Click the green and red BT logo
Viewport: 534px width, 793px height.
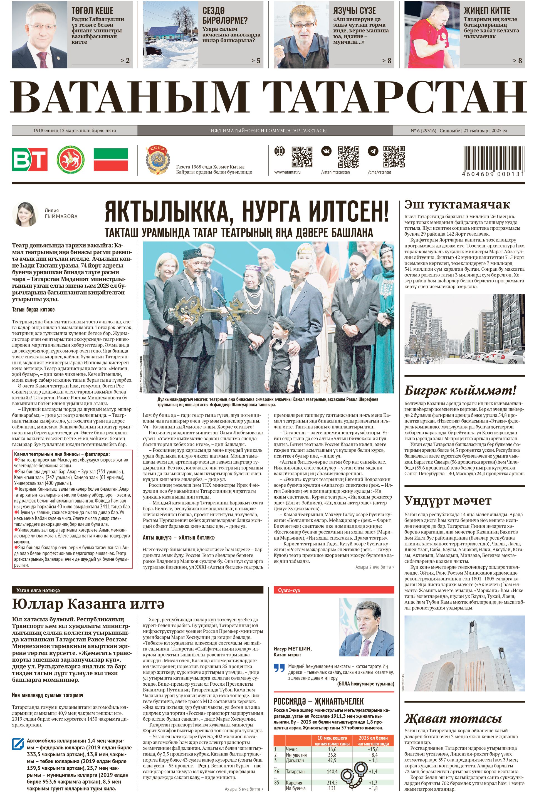(30, 159)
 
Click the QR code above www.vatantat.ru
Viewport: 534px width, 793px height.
(302, 157)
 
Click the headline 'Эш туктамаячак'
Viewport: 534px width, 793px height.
(457, 205)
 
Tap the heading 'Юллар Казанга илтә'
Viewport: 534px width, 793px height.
(88, 604)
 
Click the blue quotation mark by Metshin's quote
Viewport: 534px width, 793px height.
(279, 668)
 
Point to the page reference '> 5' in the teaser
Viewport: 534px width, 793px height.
(255, 61)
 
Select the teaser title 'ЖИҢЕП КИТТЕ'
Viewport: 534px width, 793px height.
(487, 11)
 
